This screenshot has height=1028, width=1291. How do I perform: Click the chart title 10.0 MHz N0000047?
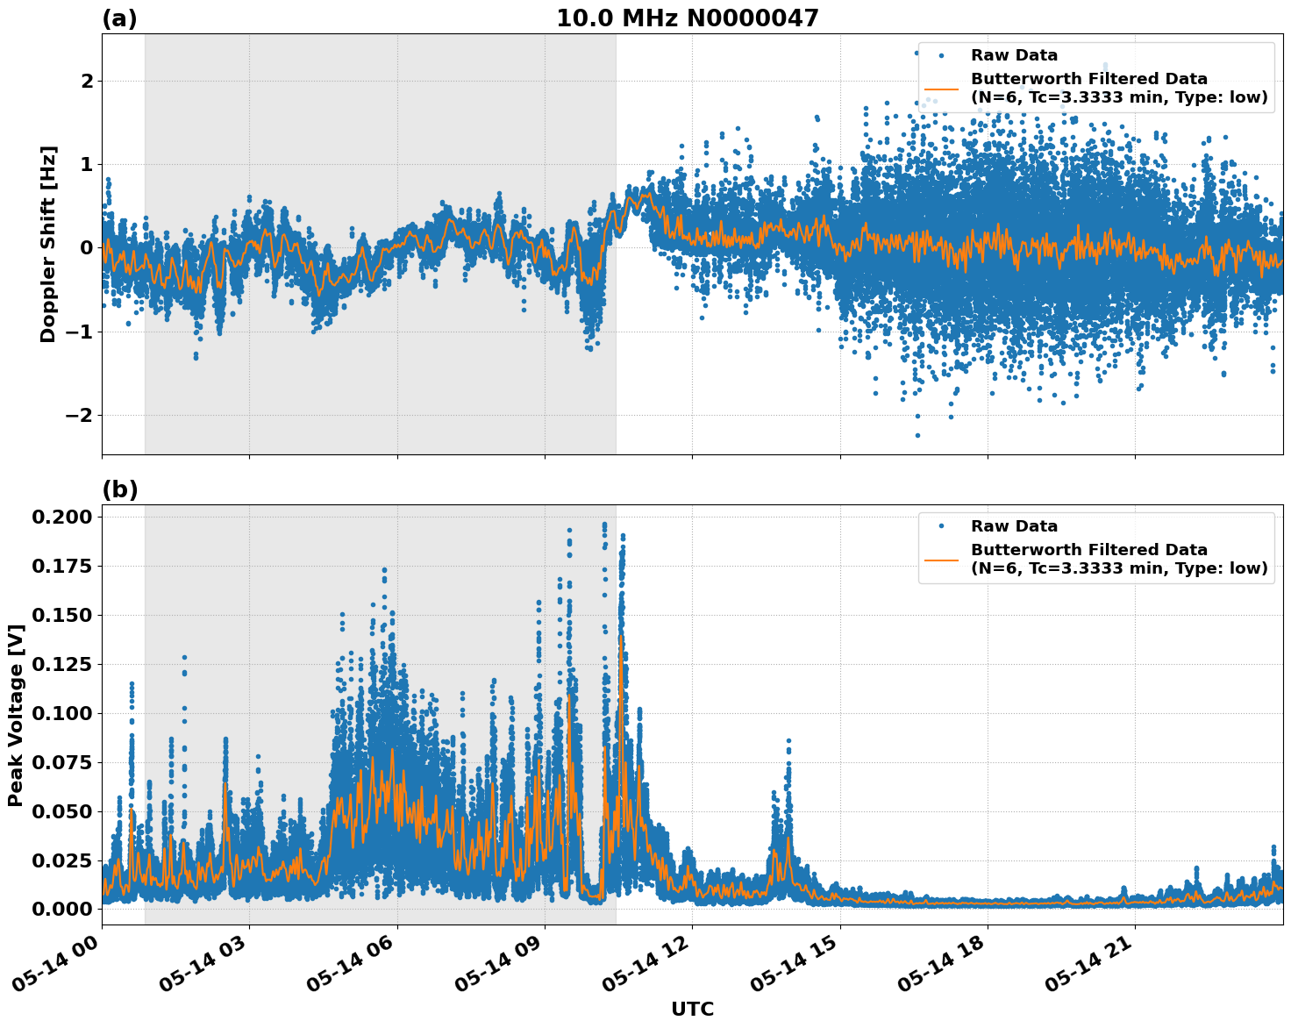pyautogui.click(x=687, y=18)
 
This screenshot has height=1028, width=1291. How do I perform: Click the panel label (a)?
pyautogui.click(x=119, y=18)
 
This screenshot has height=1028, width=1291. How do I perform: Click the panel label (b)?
pyautogui.click(x=119, y=489)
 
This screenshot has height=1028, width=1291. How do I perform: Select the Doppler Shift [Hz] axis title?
pyautogui.click(x=48, y=244)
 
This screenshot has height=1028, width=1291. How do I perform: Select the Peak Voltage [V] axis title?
pyautogui.click(x=15, y=715)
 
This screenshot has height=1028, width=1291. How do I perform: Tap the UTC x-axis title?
pyautogui.click(x=692, y=1009)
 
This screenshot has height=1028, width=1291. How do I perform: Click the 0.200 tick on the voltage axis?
pyautogui.click(x=61, y=517)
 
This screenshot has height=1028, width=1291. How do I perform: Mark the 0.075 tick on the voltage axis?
pyautogui.click(x=61, y=762)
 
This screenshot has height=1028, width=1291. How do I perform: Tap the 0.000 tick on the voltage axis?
pyautogui.click(x=61, y=909)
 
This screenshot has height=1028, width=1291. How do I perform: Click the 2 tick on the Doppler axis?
pyautogui.click(x=86, y=81)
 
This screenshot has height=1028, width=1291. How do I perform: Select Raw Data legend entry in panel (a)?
pyautogui.click(x=1014, y=55)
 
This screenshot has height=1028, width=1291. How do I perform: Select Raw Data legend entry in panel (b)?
pyautogui.click(x=1014, y=526)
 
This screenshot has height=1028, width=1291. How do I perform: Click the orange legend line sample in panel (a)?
pyautogui.click(x=941, y=88)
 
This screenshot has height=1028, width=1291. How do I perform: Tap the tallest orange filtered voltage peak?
pyautogui.click(x=621, y=637)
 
